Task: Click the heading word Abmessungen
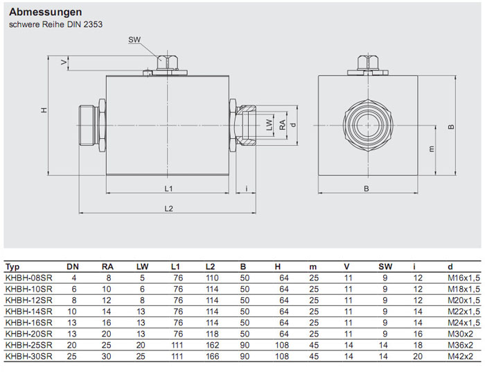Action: tap(46, 12)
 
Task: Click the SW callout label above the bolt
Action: tap(134, 40)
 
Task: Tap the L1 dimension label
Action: tap(168, 188)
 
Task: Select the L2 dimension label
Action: tap(168, 208)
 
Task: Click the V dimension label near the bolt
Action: tap(64, 63)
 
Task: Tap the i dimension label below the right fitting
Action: tap(247, 188)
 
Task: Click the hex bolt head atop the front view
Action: tap(368, 63)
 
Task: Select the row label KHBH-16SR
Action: tap(28, 322)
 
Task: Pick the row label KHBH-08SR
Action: tap(28, 278)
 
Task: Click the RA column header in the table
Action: tap(107, 267)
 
